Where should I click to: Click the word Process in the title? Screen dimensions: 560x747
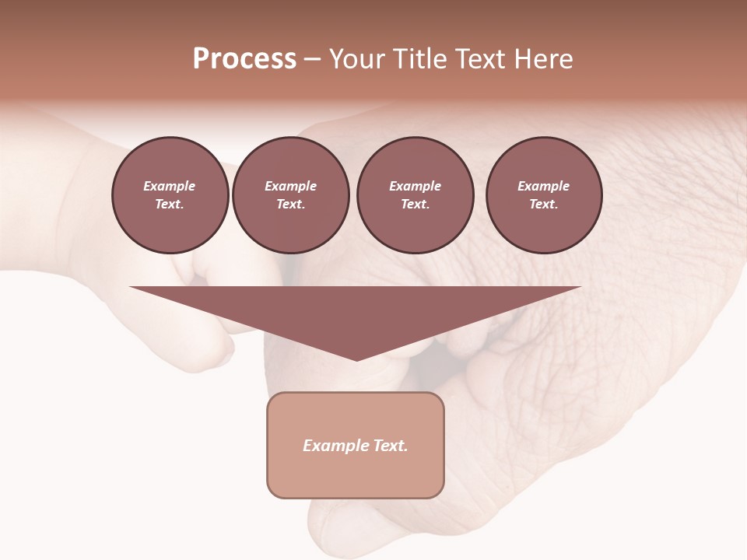pos(244,59)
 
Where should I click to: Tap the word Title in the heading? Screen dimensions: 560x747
pos(416,59)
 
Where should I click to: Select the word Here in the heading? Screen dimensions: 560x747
pos(544,59)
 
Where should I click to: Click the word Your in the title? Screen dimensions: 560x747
pos(356,59)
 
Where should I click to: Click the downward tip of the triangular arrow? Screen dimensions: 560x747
pos(356,359)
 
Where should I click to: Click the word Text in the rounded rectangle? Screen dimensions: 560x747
pos(389,446)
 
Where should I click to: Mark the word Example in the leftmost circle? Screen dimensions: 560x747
pos(170,186)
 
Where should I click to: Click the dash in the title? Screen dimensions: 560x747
pos(312,59)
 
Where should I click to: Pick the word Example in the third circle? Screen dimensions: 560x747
pos(415,186)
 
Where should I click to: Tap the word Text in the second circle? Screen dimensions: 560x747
pos(289,204)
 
